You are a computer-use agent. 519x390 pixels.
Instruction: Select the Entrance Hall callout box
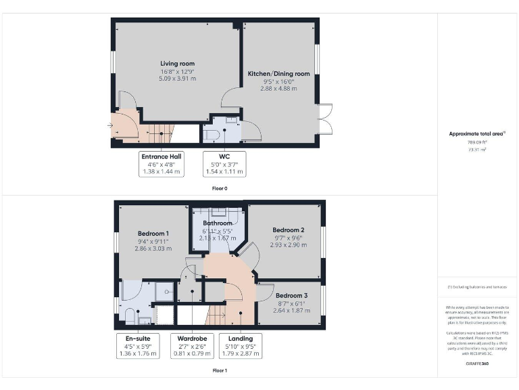tap(161, 164)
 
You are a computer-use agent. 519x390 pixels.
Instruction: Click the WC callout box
tap(224, 164)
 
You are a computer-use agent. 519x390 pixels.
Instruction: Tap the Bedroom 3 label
tap(291, 296)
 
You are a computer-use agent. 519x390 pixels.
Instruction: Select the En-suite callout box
tap(136, 345)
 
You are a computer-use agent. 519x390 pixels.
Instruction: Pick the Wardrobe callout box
tap(191, 345)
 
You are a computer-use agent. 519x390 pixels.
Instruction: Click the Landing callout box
tap(241, 345)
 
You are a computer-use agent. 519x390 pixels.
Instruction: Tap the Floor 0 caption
tap(219, 188)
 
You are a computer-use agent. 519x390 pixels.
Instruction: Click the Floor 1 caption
tap(219, 370)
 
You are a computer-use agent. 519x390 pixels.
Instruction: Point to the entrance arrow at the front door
tap(110, 125)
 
